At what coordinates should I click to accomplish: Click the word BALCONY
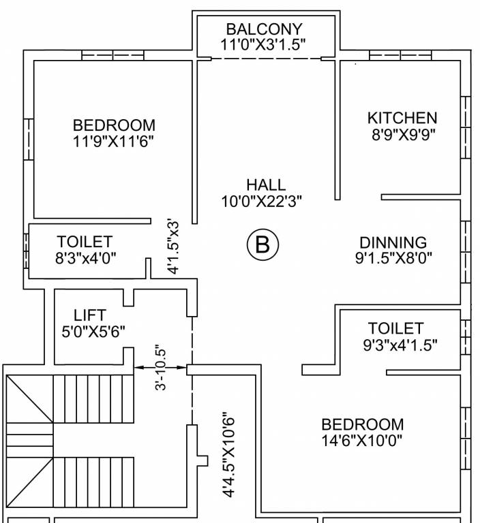(264, 30)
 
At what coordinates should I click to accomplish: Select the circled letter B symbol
(263, 245)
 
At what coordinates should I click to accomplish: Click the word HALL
(266, 185)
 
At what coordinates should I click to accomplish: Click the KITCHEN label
(402, 118)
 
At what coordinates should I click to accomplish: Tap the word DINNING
(393, 242)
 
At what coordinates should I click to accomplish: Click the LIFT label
(90, 315)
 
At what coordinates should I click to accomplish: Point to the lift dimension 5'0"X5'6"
(93, 332)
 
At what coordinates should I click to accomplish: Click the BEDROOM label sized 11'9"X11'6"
(114, 125)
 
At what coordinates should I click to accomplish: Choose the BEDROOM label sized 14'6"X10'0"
(362, 424)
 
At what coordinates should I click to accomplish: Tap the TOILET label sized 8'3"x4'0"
(85, 242)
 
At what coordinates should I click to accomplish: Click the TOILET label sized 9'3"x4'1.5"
(395, 328)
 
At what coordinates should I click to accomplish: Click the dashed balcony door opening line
(266, 59)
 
